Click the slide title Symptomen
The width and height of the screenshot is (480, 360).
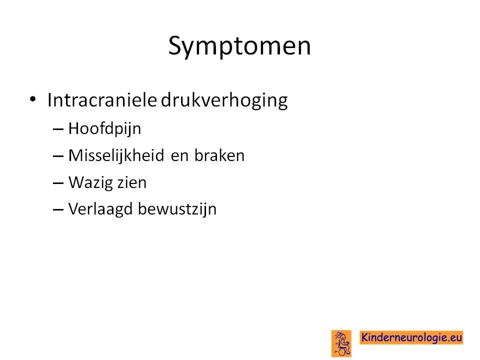[239, 46]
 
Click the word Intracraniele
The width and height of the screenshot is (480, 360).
[102, 100]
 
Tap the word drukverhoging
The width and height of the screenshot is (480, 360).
[224, 100]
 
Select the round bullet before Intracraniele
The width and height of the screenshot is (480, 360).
[33, 99]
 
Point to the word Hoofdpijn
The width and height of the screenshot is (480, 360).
[104, 128]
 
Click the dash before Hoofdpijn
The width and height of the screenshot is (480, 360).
[58, 129]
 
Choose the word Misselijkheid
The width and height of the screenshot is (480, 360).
[116, 155]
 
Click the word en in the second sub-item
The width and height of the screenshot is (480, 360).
[179, 156]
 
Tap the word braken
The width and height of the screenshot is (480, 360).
[219, 155]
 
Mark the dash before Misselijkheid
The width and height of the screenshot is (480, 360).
[58, 156]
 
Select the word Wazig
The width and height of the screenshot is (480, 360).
[89, 183]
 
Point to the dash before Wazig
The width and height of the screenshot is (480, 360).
[58, 183]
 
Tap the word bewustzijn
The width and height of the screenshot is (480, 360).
[177, 209]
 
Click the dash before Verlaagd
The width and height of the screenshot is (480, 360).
[58, 210]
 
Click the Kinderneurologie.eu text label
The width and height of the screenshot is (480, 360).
[411, 337]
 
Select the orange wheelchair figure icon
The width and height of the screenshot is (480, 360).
[341, 343]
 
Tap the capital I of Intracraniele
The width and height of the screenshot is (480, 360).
[49, 99]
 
